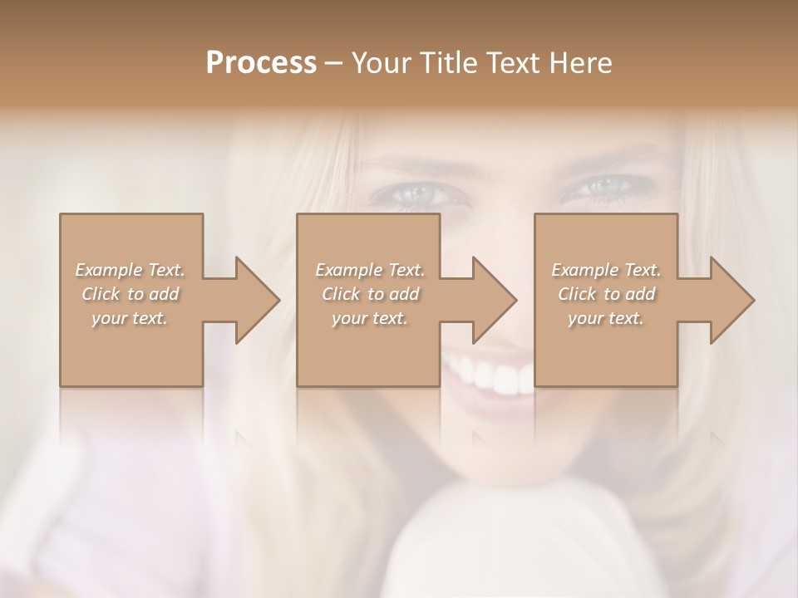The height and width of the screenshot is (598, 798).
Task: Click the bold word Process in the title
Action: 261,63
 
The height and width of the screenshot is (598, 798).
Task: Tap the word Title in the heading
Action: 449,63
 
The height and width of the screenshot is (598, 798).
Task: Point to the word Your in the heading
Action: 381,63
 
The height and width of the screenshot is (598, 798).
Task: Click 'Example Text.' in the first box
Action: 130,270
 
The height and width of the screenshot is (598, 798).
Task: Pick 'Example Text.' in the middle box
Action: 370,270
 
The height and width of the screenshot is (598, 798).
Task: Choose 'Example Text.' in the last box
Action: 606,270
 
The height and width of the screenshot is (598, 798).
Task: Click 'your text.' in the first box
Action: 130,318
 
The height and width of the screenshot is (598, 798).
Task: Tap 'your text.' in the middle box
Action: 370,318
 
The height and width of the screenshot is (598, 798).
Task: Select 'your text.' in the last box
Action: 606,318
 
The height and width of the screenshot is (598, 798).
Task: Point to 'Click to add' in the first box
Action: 130,294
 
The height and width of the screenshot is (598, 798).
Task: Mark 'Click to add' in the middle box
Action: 370,294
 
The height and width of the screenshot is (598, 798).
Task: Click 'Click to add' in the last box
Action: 606,294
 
